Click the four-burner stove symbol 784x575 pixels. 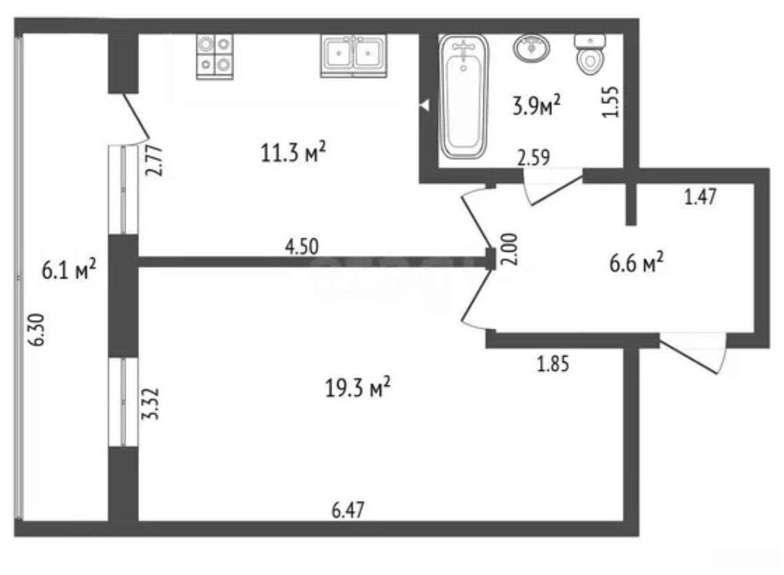pos(215,57)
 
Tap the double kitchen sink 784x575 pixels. pos(354,56)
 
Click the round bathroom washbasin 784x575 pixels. pos(531,48)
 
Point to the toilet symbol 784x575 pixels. pos(590,55)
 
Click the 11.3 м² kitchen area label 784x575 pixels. pos(293,152)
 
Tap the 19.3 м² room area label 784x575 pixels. pos(358,387)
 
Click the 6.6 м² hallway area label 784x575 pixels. pos(636,262)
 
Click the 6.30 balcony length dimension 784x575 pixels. pos(37,329)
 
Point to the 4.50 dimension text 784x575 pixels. pos(301,247)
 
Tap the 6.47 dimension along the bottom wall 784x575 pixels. pos(348,510)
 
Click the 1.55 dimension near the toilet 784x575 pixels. pos(611,102)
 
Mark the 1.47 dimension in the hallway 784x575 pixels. pos(700,197)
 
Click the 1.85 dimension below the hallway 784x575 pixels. pos(553,364)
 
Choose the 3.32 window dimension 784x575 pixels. pos(150,403)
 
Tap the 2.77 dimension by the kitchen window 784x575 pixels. pos(154,160)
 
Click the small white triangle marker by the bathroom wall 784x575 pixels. pos(424,106)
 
